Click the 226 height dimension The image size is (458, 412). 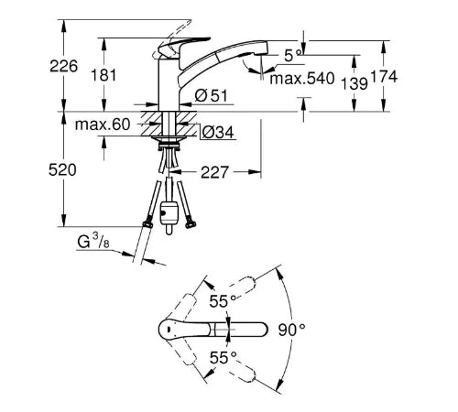(64, 66)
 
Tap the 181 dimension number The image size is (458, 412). (104, 75)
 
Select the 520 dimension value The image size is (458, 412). (62, 170)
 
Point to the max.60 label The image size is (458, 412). (103, 125)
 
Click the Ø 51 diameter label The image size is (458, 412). (211, 96)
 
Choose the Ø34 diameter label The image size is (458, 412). (218, 133)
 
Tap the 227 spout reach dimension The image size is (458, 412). (214, 172)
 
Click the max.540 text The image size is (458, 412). (302, 79)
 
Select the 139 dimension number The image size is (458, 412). (354, 83)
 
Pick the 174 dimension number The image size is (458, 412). (384, 77)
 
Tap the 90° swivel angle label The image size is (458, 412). (291, 330)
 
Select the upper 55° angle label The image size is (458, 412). (223, 301)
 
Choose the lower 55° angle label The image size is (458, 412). (224, 357)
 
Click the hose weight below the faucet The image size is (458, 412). (169, 217)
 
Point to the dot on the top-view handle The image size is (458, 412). (169, 330)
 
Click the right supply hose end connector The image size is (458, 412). (190, 224)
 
